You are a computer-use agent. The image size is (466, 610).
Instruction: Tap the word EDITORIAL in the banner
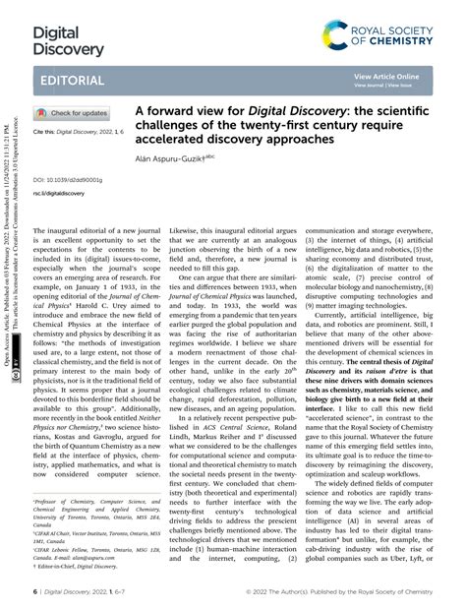(x=72, y=80)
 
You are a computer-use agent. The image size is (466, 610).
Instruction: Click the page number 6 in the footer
(x=35, y=592)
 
